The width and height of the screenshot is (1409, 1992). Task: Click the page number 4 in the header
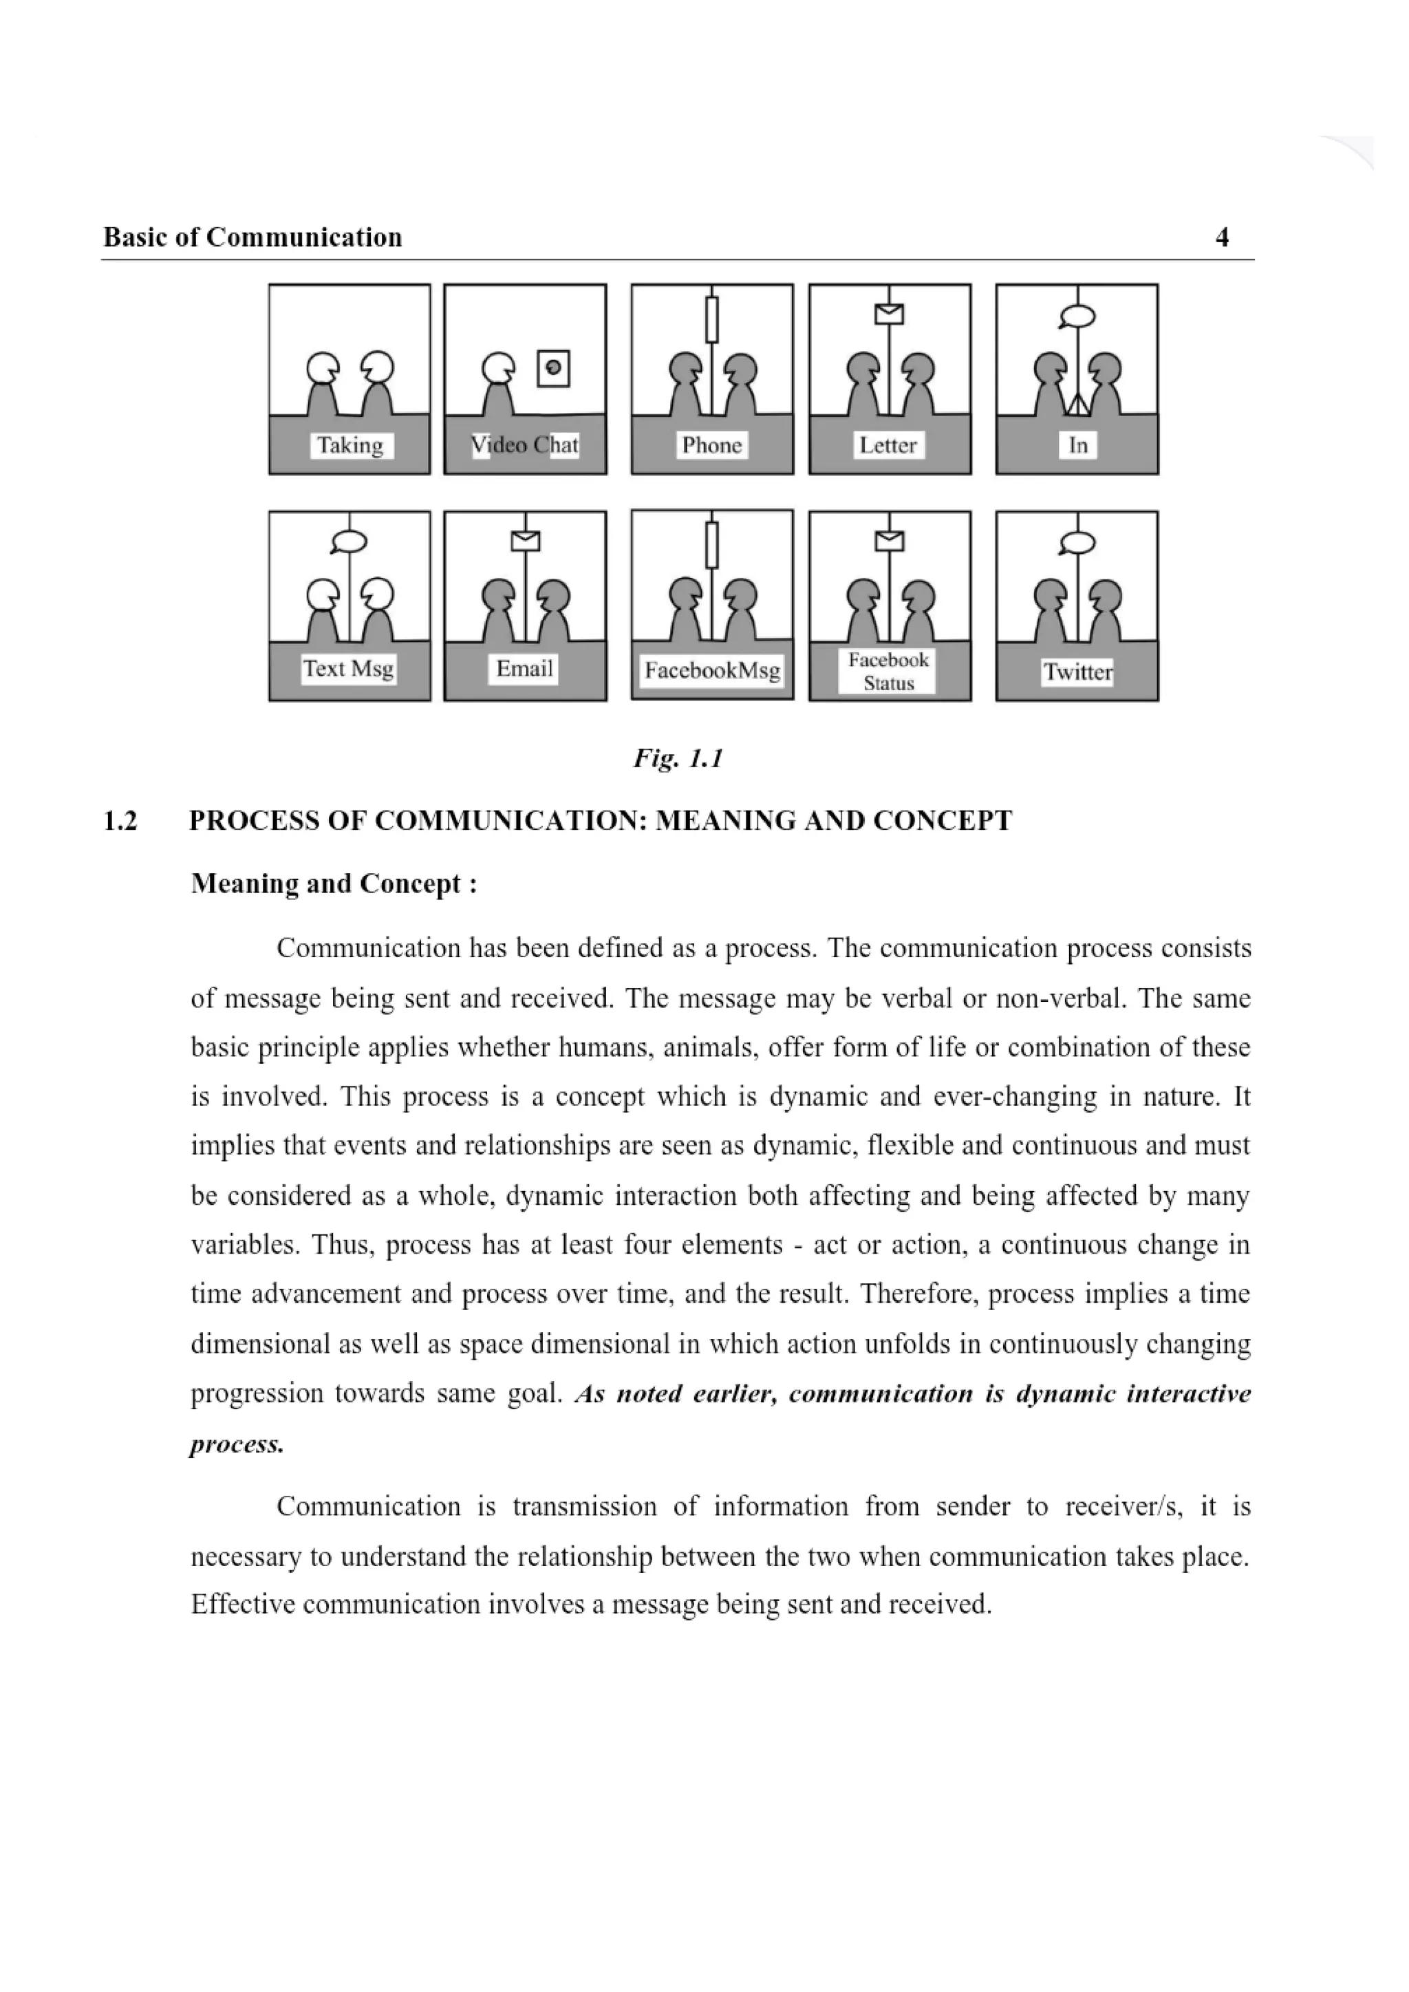[1222, 237]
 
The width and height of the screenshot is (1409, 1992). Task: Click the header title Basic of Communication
[252, 237]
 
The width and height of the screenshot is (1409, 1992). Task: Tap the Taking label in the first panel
[350, 445]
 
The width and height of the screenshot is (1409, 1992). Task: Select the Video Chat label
[525, 445]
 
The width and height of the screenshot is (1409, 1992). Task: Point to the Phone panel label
[711, 445]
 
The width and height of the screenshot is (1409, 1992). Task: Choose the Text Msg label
[349, 669]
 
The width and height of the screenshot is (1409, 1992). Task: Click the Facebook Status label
[888, 672]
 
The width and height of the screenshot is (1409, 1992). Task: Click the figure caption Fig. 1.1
[678, 759]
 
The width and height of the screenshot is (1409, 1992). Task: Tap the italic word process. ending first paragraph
[237, 1444]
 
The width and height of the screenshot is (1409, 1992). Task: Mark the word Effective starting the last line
[243, 1604]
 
